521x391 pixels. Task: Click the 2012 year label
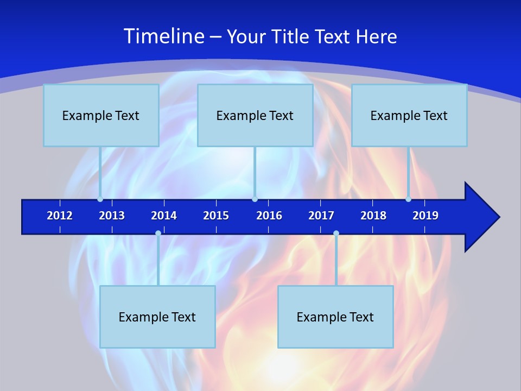point(60,216)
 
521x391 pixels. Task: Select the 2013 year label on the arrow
point(112,216)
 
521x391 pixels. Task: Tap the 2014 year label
point(164,216)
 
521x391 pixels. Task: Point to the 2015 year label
point(216,216)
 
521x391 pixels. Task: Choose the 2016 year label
point(269,216)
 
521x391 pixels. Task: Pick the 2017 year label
point(321,216)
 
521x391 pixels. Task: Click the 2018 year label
point(373,216)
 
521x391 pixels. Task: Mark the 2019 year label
point(425,216)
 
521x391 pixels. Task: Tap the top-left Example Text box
point(101,115)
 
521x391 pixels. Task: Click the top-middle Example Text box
point(255,115)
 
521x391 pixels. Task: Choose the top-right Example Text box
point(409,115)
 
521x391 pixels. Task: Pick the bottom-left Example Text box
point(157,317)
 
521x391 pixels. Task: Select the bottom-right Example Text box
point(335,317)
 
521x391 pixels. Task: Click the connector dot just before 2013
point(100,199)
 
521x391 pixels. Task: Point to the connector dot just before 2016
point(255,199)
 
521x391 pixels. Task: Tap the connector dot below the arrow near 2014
point(158,233)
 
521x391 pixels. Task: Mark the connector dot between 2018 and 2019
point(408,199)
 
